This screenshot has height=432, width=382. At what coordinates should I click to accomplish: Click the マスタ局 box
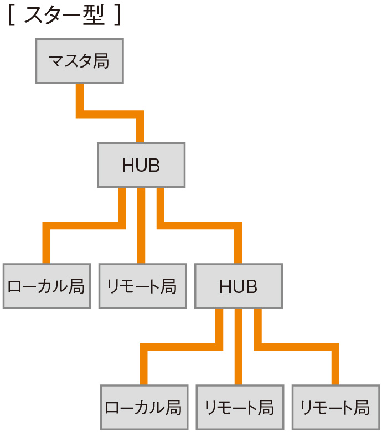click(79, 61)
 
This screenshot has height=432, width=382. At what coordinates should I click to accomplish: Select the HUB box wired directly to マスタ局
click(141, 164)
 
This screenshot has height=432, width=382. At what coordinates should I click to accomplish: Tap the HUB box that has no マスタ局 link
click(238, 286)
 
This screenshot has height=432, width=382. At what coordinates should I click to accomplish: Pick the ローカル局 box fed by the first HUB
click(47, 286)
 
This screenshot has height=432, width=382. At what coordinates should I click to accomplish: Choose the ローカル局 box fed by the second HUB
click(143, 408)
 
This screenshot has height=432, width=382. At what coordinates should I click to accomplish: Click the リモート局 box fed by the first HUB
click(142, 286)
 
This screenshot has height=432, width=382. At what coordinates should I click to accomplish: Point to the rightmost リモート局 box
click(335, 408)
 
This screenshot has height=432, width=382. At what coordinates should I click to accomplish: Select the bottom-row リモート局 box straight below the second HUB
click(239, 408)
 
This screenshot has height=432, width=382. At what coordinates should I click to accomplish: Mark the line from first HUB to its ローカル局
click(83, 225)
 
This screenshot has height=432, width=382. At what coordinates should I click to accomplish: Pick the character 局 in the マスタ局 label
click(101, 61)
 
